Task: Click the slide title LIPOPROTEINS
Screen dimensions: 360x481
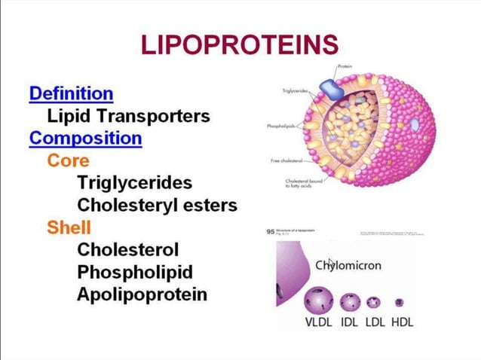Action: click(240, 45)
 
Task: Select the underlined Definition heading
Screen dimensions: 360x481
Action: click(71, 94)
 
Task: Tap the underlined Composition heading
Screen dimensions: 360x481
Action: click(85, 139)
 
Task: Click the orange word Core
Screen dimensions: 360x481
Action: click(68, 160)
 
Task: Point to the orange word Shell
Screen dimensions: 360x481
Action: click(69, 227)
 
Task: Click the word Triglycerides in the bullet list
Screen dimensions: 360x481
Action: click(134, 183)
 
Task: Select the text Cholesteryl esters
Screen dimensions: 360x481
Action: click(157, 205)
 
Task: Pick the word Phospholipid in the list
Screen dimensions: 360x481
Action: click(134, 272)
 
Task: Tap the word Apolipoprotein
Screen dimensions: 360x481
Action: click(142, 294)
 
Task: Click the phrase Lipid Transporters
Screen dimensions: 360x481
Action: click(128, 117)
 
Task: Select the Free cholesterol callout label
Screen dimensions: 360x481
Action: click(286, 161)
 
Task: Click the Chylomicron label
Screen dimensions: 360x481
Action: click(348, 265)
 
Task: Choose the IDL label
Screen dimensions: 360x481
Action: click(349, 322)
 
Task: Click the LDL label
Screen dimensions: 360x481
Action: click(375, 322)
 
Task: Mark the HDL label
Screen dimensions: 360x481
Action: click(402, 322)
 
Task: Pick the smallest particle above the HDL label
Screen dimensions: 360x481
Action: click(399, 303)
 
